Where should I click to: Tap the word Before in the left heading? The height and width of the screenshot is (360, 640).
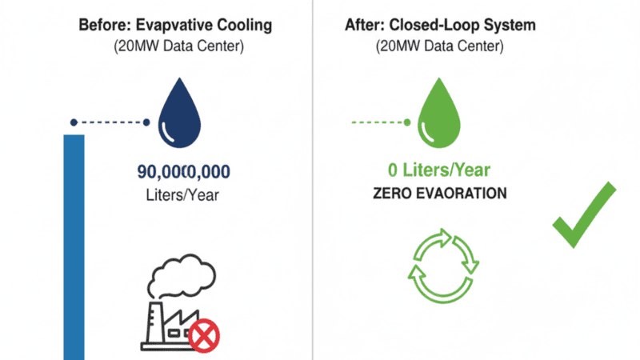coord(104,25)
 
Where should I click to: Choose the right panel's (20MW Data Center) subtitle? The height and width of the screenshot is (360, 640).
coord(439,46)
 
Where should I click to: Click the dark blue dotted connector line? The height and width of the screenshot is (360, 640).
coord(110,122)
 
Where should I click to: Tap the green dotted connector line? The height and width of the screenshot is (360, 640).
coord(378,122)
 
